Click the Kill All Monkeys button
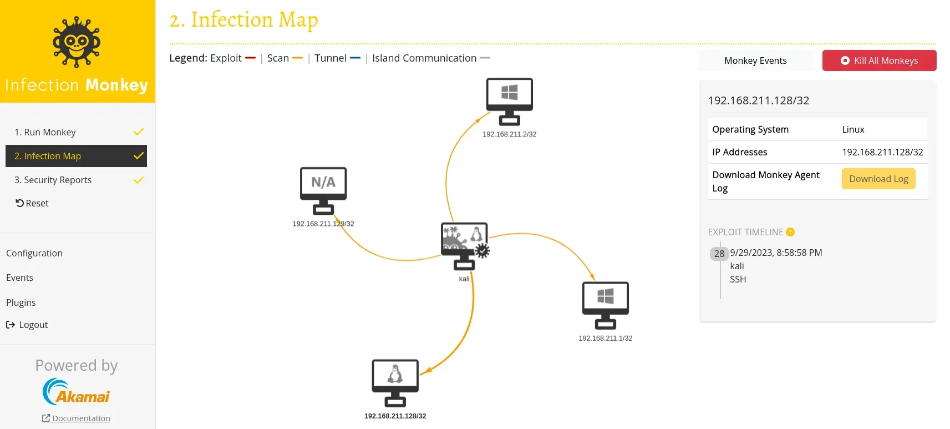click(879, 60)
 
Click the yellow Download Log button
click(878, 179)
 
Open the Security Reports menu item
click(53, 180)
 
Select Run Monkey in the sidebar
click(45, 132)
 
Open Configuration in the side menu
click(34, 253)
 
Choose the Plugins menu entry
click(21, 302)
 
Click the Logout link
click(27, 325)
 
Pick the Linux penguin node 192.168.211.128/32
click(395, 382)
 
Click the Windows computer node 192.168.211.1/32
click(605, 305)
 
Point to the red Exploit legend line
click(250, 58)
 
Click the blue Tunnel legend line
click(355, 58)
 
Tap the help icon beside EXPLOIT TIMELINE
click(790, 232)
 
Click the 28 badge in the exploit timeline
click(719, 254)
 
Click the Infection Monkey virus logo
click(77, 42)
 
